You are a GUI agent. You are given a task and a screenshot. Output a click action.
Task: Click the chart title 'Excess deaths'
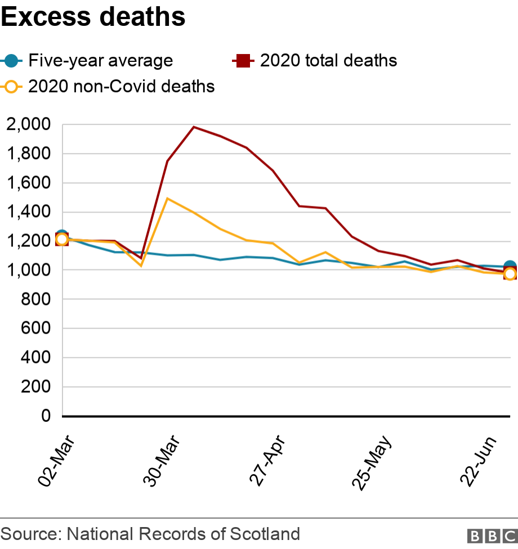click(x=93, y=17)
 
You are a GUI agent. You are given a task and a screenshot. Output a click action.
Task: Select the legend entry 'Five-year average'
click(x=100, y=60)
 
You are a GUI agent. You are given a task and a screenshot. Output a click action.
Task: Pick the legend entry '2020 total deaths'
click(x=328, y=60)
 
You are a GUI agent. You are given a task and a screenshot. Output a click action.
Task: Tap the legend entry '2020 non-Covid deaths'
click(x=121, y=87)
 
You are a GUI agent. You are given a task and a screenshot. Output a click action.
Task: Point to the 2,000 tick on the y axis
click(x=29, y=124)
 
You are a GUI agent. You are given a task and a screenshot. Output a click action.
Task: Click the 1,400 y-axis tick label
click(x=29, y=212)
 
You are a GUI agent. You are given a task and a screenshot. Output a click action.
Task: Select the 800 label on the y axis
click(x=36, y=300)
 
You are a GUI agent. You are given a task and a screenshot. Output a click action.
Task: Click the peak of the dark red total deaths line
click(x=194, y=127)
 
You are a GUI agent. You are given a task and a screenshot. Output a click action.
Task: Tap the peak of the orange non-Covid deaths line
click(x=167, y=198)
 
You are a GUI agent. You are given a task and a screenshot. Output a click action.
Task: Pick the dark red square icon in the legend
click(x=243, y=60)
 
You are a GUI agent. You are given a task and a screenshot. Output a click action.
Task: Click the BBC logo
click(x=492, y=535)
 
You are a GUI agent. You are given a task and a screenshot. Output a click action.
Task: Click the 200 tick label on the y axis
click(x=36, y=387)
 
